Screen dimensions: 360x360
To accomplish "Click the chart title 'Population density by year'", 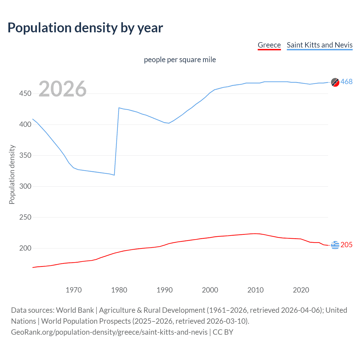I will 85,28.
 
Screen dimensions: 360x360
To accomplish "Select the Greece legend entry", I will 269,45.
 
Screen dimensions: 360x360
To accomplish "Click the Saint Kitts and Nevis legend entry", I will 319,45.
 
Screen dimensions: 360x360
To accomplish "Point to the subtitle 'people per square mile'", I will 180,60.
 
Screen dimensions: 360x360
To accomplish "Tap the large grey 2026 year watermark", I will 62,89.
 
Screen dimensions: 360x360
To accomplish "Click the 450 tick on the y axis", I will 25,93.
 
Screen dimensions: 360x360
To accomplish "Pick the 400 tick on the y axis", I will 25,124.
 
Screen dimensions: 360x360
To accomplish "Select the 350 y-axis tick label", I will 25,155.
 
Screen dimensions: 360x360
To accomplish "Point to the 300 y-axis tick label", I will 25,186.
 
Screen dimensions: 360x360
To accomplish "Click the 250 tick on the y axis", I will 25,217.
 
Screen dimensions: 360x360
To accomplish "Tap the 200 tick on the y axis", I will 25,248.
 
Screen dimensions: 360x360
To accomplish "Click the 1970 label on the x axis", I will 74,290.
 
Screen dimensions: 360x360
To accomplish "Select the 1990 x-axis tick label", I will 165,290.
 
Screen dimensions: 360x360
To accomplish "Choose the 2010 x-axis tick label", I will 255,290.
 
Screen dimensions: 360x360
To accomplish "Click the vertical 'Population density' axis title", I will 12,174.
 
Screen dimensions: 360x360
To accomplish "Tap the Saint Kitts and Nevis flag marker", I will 335,82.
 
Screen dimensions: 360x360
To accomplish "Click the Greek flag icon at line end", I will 335,245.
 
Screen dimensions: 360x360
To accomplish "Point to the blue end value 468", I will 346,82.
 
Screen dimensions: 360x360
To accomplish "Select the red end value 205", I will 346,245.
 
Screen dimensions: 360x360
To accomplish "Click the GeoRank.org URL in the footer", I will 109,332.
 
